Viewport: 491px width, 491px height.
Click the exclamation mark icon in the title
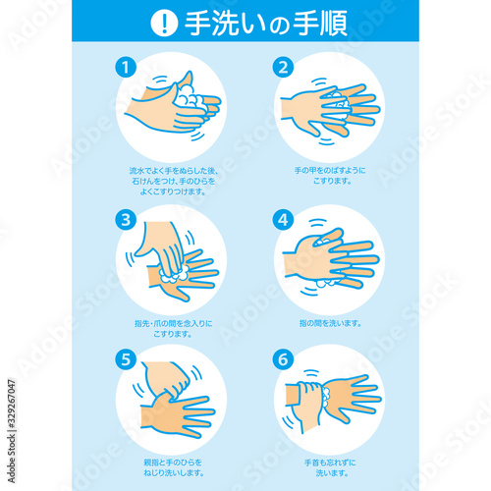point(163,23)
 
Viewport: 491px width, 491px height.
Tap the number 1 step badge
point(125,67)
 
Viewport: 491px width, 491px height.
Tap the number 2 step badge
point(284,67)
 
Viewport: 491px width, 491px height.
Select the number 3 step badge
point(125,219)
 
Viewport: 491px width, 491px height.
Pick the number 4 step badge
point(284,219)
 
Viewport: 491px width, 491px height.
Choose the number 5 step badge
point(125,359)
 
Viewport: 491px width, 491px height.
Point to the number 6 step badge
point(284,359)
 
